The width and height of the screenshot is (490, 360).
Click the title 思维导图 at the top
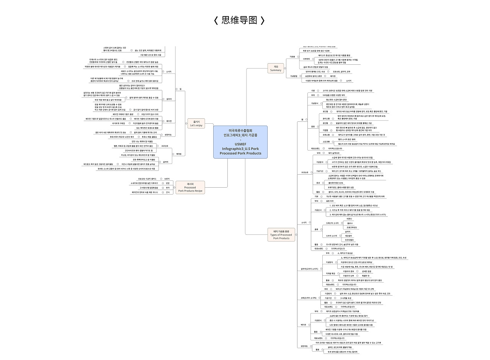pos(239,20)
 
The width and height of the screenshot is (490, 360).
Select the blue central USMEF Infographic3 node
pos(240,142)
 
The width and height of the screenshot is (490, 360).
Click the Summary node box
pos(276,68)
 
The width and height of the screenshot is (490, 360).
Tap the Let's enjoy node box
pos(195,123)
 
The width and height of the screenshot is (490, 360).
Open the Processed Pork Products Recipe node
pos(190,187)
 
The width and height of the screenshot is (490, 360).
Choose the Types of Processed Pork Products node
pos(281,235)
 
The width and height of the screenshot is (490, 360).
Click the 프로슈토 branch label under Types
pos(305,172)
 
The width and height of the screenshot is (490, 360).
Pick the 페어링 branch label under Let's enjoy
pos(179,154)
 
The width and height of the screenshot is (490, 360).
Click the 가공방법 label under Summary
pos(294,76)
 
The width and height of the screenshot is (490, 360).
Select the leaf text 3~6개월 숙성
pos(346,298)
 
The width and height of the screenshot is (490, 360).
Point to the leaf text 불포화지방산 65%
pos(336,183)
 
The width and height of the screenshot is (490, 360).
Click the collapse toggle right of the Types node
pos(298,235)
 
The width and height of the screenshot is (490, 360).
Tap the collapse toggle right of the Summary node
pos(285,68)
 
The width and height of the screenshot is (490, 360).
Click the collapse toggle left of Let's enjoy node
pos(185,123)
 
